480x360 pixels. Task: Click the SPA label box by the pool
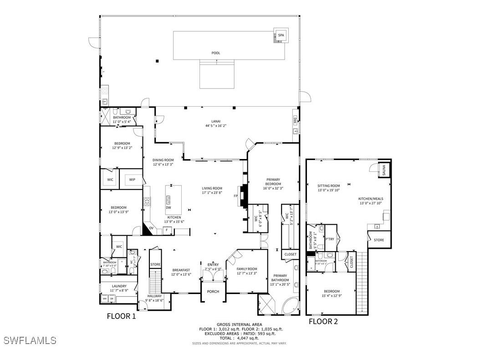tap(281, 36)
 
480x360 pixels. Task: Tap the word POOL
tap(216, 53)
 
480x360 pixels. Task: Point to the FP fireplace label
tap(236, 196)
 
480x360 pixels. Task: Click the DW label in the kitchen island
tap(169, 208)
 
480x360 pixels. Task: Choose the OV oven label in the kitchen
tap(151, 228)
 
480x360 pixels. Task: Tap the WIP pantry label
tap(132, 180)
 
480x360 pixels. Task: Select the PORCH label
tap(213, 292)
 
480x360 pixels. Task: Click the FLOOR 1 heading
tap(121, 316)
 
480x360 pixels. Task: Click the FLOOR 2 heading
tap(323, 322)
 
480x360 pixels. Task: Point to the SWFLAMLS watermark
tap(30, 340)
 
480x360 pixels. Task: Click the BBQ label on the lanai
tap(295, 122)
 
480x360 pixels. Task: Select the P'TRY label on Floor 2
tap(330, 239)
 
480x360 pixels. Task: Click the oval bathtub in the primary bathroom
tap(289, 306)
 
